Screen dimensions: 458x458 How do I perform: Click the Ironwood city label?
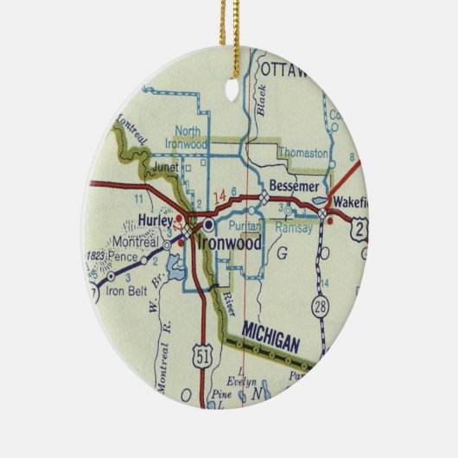tap(230, 245)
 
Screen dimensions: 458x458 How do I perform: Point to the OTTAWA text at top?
tap(284, 70)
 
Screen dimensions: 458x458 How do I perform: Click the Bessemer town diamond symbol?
tap(264, 200)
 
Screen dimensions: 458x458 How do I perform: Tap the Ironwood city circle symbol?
tap(208, 222)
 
